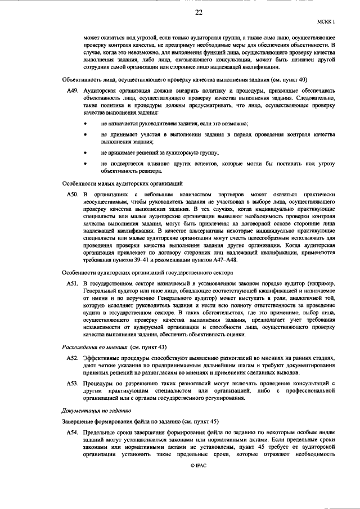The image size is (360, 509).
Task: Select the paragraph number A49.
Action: [x=72, y=91]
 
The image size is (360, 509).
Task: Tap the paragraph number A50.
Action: [x=72, y=194]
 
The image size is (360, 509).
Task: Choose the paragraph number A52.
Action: [x=72, y=358]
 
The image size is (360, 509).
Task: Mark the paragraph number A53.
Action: [x=72, y=384]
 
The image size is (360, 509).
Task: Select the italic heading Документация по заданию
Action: [x=96, y=411]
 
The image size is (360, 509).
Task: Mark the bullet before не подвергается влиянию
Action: [x=85, y=164]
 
